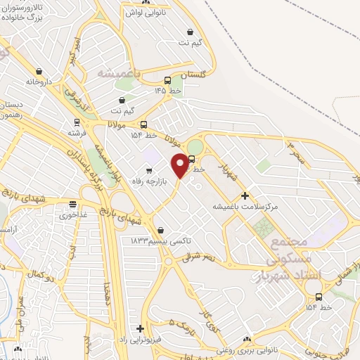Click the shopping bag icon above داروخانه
(x=39, y=71)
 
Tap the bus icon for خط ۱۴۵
(x=167, y=80)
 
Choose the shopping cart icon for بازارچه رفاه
(x=148, y=170)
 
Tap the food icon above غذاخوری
(x=72, y=204)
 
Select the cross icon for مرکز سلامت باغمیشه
(x=245, y=195)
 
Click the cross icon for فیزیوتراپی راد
(x=141, y=328)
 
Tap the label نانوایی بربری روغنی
(x=246, y=349)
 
